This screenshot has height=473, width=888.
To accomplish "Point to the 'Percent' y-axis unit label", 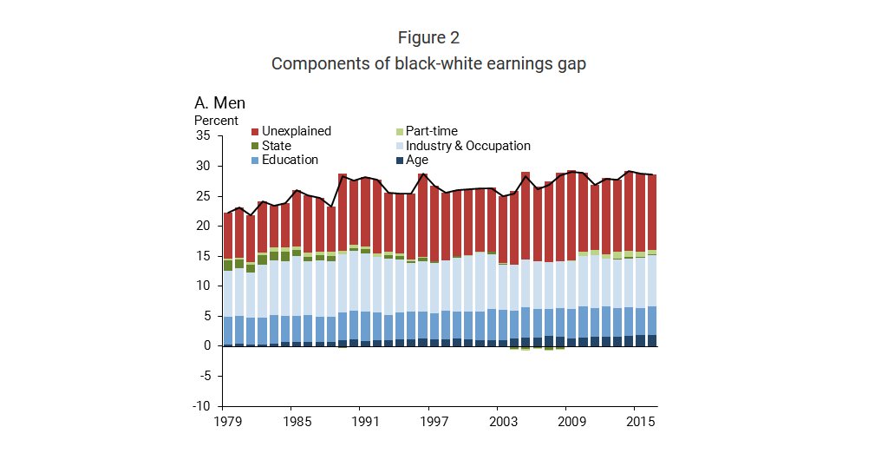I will tap(216, 121).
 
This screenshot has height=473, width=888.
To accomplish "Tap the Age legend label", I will tap(417, 160).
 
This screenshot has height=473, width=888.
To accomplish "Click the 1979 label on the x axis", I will tap(227, 423).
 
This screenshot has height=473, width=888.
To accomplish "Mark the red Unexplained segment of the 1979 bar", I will tap(228, 235).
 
